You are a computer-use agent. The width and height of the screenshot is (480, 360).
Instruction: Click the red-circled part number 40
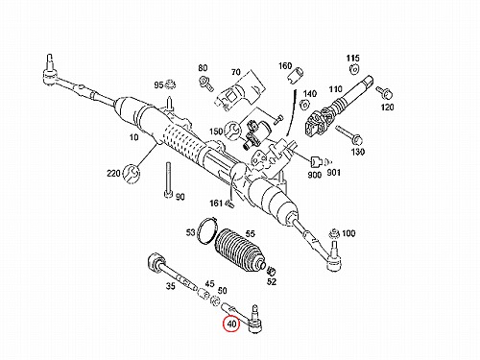coord(231,324)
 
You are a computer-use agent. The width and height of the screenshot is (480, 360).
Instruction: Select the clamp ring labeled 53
coord(207,230)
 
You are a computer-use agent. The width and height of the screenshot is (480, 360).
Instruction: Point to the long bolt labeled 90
coord(168,180)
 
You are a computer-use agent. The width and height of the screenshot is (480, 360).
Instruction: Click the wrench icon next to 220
coord(132,174)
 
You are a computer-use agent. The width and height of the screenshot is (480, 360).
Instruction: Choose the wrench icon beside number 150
coord(233,131)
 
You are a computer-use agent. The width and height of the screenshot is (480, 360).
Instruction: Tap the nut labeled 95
coord(170,85)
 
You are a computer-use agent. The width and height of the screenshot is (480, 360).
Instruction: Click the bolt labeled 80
coord(205,84)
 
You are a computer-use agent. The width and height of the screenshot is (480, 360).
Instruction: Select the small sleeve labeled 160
coord(295,75)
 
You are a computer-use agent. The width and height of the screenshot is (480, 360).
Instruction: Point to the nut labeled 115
coord(353,69)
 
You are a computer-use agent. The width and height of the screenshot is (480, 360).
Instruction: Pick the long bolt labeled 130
coord(349,135)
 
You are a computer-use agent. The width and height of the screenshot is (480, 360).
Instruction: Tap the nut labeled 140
coord(304,105)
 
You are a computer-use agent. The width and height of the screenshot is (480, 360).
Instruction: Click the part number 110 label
coord(336,88)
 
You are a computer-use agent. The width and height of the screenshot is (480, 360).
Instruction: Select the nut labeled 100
coord(335,233)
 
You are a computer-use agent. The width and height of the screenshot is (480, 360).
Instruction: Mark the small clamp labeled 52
coord(272,271)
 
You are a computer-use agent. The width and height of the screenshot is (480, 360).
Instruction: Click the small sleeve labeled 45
coord(204,294)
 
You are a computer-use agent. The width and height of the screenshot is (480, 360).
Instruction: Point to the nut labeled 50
coord(216,300)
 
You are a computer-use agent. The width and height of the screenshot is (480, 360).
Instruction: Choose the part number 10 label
coord(134,137)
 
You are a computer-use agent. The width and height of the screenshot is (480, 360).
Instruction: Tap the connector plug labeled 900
coord(316,161)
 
